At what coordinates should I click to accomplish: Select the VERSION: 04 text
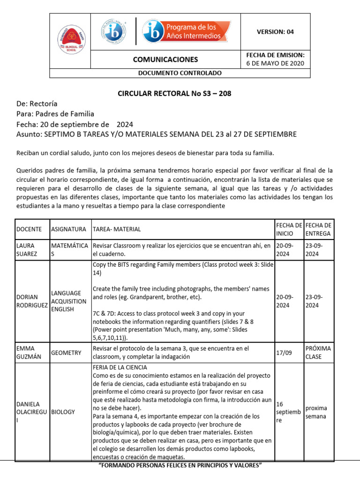click(x=275, y=32)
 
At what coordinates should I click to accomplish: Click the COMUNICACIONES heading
click(x=165, y=60)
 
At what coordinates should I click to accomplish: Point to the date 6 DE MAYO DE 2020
click(x=275, y=63)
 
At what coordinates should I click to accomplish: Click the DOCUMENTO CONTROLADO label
click(x=180, y=73)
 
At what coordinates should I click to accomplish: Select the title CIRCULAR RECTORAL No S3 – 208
click(x=174, y=93)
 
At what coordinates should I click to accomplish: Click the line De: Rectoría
click(x=37, y=104)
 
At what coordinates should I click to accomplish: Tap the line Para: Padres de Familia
click(x=55, y=113)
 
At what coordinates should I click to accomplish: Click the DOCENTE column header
click(x=29, y=229)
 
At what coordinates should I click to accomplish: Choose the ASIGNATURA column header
click(x=68, y=229)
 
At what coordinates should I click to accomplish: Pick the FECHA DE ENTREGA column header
click(x=318, y=229)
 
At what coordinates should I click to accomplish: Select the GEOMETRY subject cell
click(x=67, y=352)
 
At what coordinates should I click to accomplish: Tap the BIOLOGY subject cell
click(x=63, y=412)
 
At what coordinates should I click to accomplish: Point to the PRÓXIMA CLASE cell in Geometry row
click(x=318, y=352)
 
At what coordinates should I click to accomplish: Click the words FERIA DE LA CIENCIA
click(x=120, y=367)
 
